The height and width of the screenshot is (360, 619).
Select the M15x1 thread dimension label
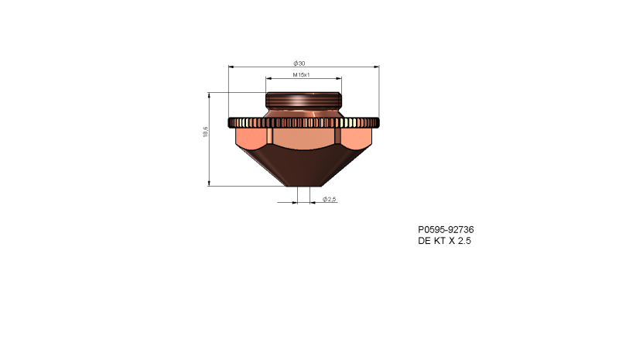tap(302, 75)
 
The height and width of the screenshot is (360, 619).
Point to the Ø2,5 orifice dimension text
tap(330, 199)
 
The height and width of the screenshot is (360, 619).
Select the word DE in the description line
tap(425, 242)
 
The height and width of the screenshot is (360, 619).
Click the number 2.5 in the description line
tap(463, 242)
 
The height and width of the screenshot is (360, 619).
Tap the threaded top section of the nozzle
tap(303, 101)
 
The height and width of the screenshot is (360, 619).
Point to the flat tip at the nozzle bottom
tap(303, 186)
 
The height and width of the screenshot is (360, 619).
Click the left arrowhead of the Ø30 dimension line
tap(231, 67)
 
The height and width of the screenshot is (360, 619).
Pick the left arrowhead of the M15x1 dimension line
tap(268, 79)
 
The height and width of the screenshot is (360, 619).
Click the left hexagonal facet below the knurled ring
tap(250, 139)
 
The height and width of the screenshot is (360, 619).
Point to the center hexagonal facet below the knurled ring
tap(303, 139)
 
